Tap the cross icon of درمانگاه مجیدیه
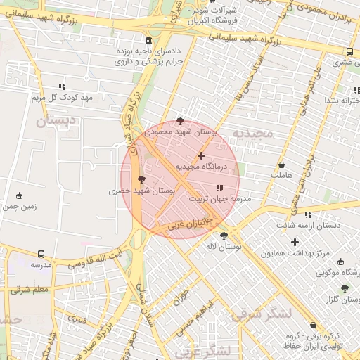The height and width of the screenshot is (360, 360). tap(202, 155)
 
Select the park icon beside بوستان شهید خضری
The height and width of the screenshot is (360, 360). tap(143, 179)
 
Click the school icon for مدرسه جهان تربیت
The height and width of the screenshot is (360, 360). tap(219, 188)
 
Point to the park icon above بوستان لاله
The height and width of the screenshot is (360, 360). tap(224, 236)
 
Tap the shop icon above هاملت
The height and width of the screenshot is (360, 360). tap(282, 165)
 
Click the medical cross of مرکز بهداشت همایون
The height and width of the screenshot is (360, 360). tap(295, 242)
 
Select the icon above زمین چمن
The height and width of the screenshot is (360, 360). tap(19, 195)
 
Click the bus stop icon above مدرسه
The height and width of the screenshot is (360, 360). tap(41, 254)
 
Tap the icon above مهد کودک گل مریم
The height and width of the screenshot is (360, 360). tap(62, 86)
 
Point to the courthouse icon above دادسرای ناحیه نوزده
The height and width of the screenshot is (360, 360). tap(148, 40)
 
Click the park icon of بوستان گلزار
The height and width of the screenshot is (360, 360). tap(344, 288)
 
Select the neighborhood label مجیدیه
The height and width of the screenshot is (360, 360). tap(251, 134)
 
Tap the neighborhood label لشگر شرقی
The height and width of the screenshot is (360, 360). tap(260, 314)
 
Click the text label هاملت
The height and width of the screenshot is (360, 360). tap(281, 174)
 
